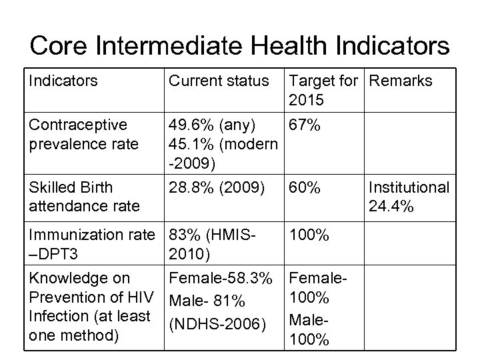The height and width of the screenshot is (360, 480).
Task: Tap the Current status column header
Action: pos(219,81)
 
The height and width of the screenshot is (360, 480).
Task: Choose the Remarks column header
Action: pos(400,81)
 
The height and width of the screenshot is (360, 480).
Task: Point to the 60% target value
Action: pos(305,188)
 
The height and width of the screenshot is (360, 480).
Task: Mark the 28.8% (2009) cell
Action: pos(217,188)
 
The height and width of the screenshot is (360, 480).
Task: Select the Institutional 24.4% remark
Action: pos(409,197)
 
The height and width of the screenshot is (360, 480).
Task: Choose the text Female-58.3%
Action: pos(221,277)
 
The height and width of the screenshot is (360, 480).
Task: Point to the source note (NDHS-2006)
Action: pos(217,325)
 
